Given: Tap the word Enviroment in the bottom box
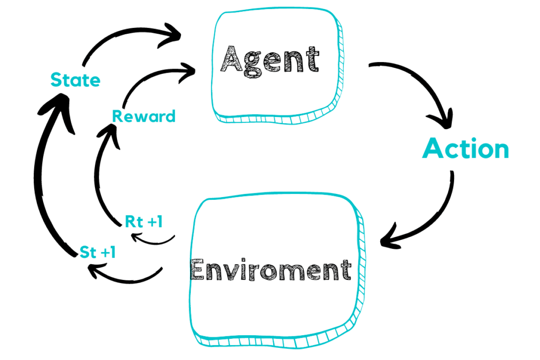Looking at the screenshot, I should point(271,270).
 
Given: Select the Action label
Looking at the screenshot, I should point(466,150).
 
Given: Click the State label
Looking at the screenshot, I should point(75,81).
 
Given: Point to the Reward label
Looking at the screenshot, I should point(144,116).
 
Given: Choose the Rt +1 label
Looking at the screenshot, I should point(143,222).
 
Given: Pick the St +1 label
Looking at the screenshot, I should point(98,252).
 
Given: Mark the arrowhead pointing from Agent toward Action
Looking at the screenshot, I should point(445,120).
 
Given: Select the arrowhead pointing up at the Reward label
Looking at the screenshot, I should point(109,130).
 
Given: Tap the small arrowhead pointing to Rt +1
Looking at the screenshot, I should point(135,236).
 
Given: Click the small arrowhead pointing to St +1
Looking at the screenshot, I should point(93,271).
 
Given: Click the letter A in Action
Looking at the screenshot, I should point(434,150).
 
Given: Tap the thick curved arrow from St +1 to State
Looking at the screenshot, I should point(41,174).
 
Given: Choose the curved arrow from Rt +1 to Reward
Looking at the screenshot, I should point(98,179).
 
